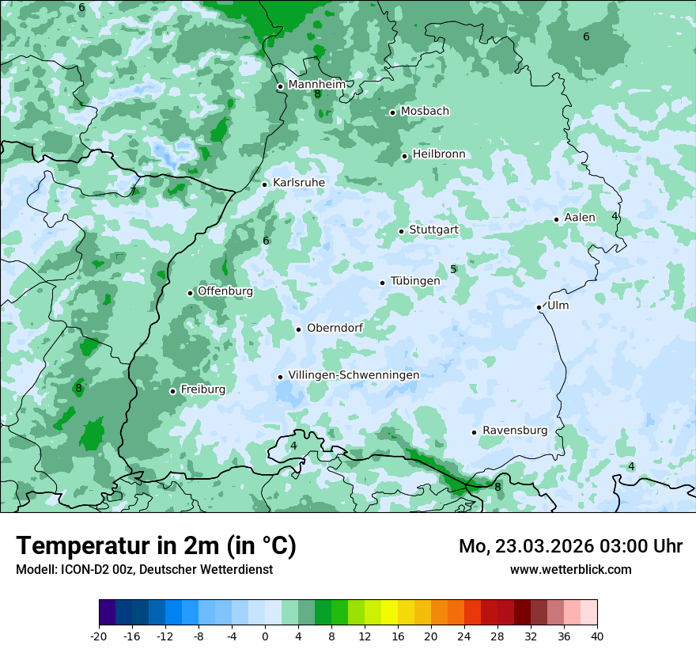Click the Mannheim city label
click(x=317, y=85)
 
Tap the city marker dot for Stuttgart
click(x=401, y=231)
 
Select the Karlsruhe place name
click(x=298, y=183)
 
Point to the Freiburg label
click(x=202, y=389)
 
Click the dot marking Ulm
click(x=539, y=307)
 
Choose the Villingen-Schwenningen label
click(x=354, y=375)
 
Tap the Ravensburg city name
click(x=514, y=431)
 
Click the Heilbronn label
click(x=439, y=154)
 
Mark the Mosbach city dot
click(x=392, y=112)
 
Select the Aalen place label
click(x=580, y=218)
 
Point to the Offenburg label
click(x=225, y=291)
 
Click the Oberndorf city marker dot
click(x=298, y=329)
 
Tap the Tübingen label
click(x=414, y=281)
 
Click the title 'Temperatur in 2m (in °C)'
click(x=156, y=546)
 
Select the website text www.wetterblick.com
click(x=570, y=569)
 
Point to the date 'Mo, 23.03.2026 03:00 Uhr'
click(x=570, y=546)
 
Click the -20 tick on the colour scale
click(x=99, y=636)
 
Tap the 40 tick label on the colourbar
click(x=596, y=636)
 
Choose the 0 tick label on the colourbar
click(x=265, y=636)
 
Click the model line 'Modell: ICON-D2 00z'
click(x=144, y=569)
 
